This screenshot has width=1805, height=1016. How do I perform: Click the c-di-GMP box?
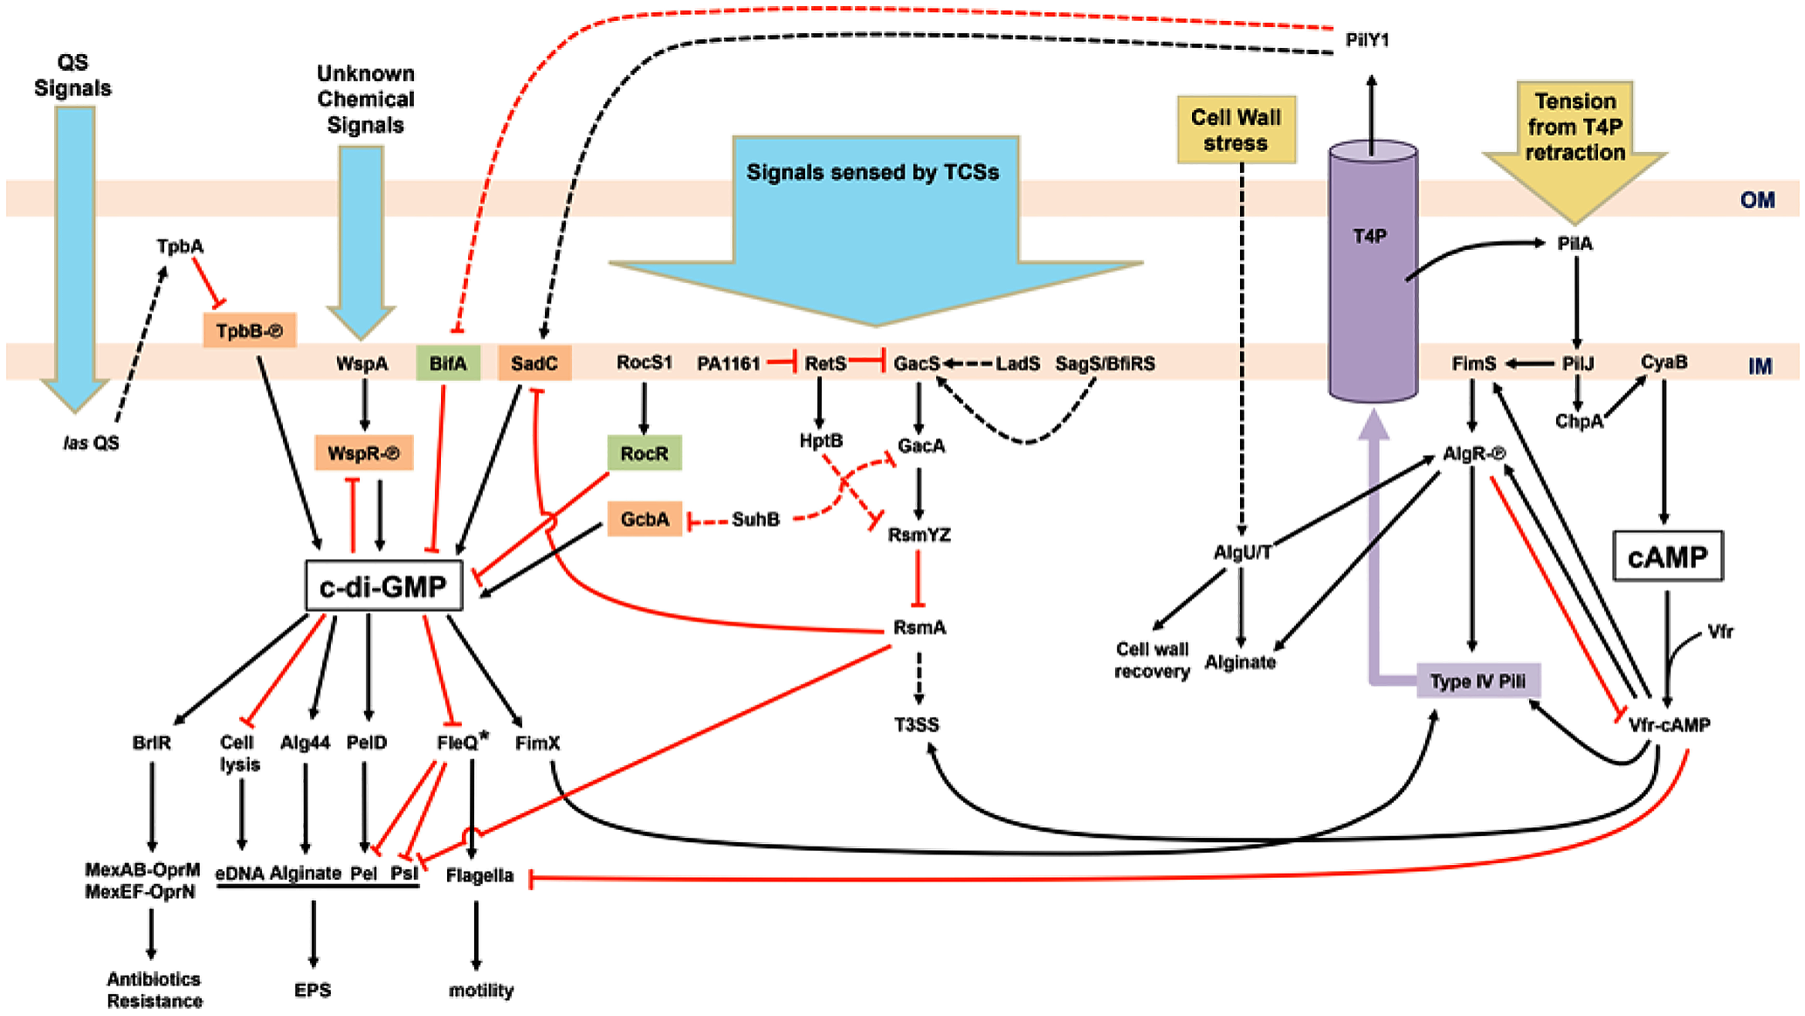click(383, 586)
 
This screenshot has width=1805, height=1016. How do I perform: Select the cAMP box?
click(1667, 556)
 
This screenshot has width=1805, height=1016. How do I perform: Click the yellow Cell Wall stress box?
click(1236, 130)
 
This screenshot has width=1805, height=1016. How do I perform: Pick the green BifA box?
click(448, 363)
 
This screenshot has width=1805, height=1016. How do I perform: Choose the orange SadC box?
click(534, 363)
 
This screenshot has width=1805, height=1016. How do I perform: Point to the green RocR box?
click(644, 453)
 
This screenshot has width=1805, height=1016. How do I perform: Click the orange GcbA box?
click(644, 519)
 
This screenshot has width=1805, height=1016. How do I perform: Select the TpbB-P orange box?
click(250, 331)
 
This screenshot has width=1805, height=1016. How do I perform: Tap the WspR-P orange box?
click(363, 453)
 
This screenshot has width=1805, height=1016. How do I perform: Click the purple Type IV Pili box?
click(1478, 681)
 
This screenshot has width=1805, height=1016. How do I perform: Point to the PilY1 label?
click(1368, 40)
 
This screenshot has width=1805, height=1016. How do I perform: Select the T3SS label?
click(916, 724)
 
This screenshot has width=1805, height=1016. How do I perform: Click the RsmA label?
click(920, 627)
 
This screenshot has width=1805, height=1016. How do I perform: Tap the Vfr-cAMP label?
click(1669, 724)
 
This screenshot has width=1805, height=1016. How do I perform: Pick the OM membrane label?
click(1757, 200)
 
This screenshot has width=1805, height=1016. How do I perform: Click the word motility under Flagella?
click(481, 990)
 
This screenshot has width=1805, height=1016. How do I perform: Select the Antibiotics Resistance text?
click(155, 990)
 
